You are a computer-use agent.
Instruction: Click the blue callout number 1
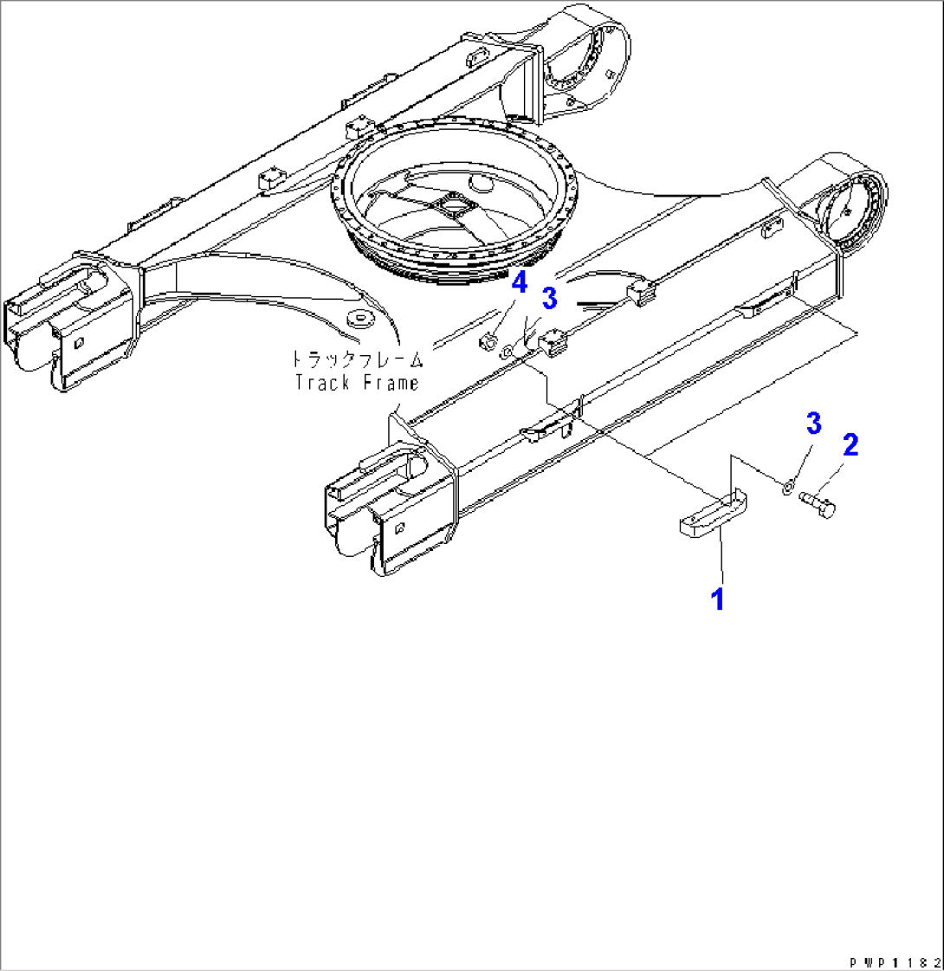(x=717, y=598)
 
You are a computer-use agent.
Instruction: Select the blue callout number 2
(x=850, y=445)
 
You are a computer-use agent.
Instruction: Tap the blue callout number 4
(x=519, y=283)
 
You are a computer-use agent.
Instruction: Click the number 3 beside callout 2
(x=813, y=424)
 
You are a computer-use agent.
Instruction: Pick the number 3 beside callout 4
(x=548, y=298)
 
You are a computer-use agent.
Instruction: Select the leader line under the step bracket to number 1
(x=719, y=560)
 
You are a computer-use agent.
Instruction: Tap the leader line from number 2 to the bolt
(x=835, y=473)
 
